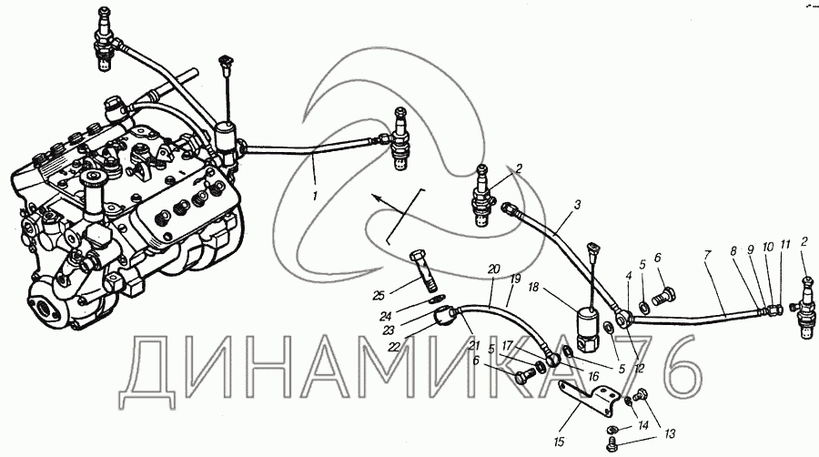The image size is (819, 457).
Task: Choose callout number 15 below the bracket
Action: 560,442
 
